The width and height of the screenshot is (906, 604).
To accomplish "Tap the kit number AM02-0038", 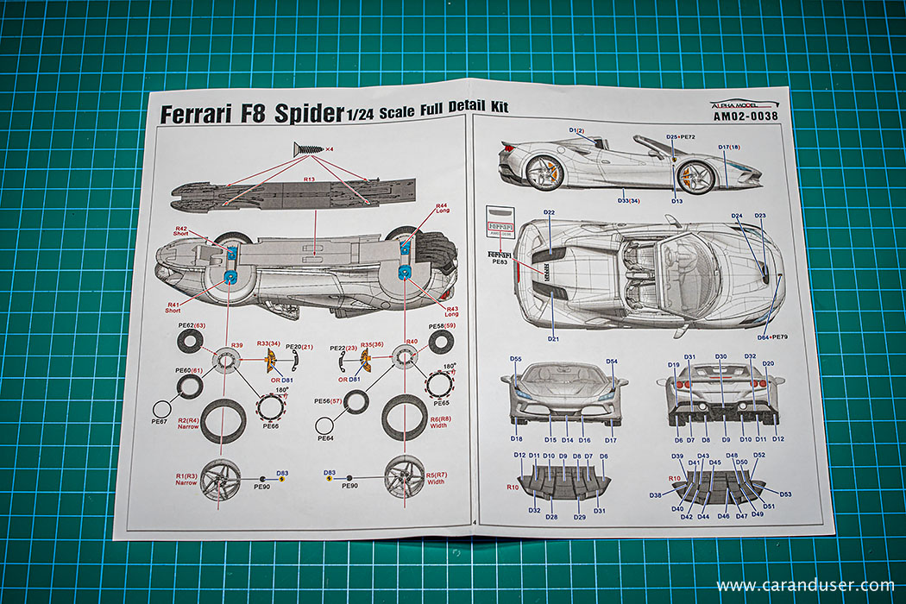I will coord(746,116).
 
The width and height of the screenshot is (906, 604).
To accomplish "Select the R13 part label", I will coord(309,179).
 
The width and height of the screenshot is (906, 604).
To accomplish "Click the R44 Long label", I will coord(442,209).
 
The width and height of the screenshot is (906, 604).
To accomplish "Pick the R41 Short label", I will coord(173,307).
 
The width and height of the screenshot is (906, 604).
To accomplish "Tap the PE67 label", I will coord(159,422).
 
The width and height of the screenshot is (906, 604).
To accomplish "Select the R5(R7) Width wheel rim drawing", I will coord(402,476).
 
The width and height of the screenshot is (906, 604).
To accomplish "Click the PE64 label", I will coord(324,438).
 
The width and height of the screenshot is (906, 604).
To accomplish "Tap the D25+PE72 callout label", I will coord(681,137).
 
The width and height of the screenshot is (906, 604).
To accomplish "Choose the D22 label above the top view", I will coord(549,212).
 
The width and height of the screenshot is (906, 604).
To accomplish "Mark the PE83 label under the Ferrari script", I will coord(499,261).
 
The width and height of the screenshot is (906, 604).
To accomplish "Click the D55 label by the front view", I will coord(515,359).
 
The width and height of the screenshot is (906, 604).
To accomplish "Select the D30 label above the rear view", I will coord(721,356).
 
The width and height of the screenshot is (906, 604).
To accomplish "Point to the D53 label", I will coord(784,494).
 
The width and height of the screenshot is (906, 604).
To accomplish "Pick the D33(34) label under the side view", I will coord(628,201).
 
